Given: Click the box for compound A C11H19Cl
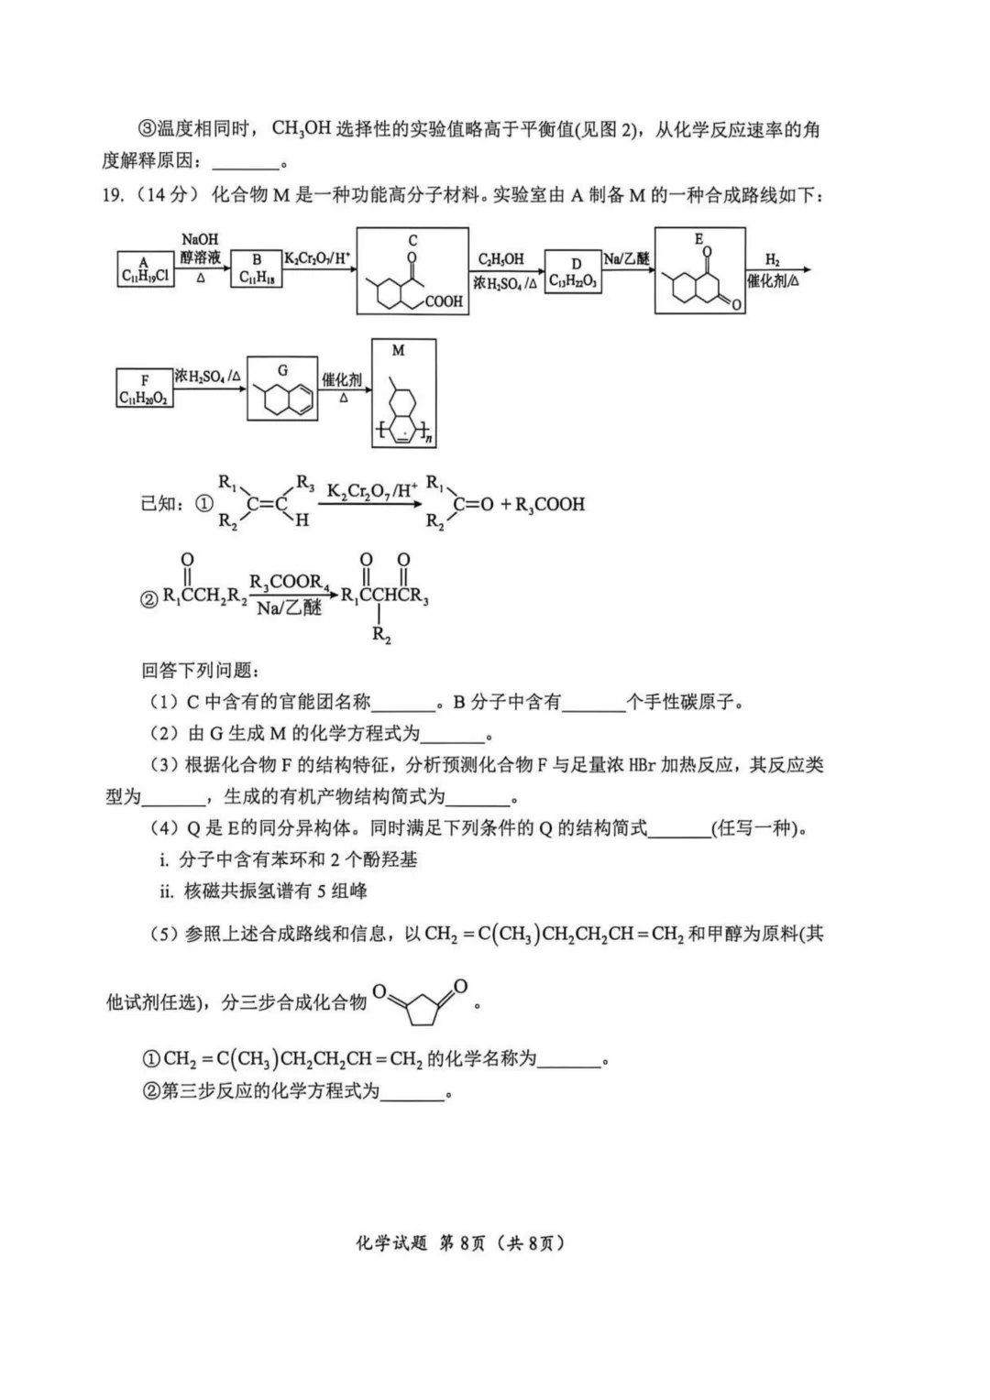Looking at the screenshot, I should (x=144, y=269).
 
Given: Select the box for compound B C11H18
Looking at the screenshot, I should (x=257, y=269).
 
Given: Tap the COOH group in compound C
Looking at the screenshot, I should (x=444, y=301).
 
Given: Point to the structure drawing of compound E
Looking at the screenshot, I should (x=700, y=279).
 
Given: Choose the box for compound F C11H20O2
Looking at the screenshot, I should (x=144, y=389).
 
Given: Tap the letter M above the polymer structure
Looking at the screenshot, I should (x=398, y=350).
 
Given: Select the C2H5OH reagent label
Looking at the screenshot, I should (x=500, y=259).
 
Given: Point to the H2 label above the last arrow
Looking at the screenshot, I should (x=772, y=260).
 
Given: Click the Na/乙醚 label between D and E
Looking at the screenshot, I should (x=626, y=259).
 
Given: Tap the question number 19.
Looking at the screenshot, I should (x=112, y=194).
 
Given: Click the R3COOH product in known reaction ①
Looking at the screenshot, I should (x=550, y=504).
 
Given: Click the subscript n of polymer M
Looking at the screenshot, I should (x=431, y=441).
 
